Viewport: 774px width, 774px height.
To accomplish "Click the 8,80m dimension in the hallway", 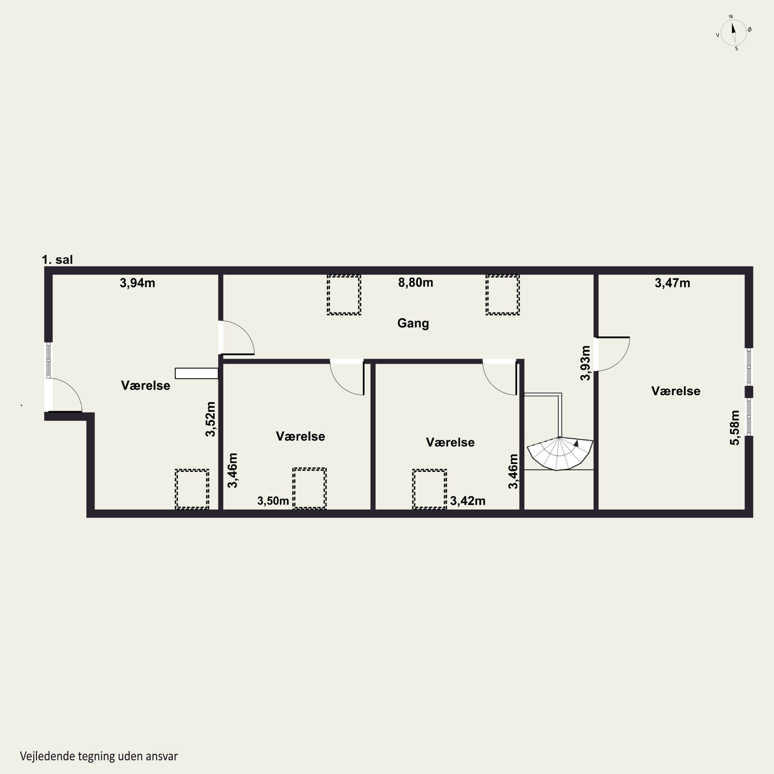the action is coord(415,283).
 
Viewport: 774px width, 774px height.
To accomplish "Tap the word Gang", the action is coord(413,323).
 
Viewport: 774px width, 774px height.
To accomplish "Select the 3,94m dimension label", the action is coord(138,283).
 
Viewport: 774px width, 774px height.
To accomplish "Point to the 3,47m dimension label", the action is coord(672,283).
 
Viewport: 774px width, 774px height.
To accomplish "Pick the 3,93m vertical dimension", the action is coord(585,363).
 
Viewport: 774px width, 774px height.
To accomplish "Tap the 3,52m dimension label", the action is coord(210,419).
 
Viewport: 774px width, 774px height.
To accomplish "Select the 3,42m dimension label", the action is coord(467,501).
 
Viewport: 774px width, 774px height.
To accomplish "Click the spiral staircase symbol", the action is coord(560,454).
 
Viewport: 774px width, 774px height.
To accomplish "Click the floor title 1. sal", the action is coord(57,260).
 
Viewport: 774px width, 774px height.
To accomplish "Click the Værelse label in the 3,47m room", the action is coord(676,391).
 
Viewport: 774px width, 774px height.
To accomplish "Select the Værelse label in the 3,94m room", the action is coord(146,385).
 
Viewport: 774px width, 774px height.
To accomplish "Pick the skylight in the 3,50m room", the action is coord(309,488).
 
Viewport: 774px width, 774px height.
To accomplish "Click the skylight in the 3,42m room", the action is coord(430,489).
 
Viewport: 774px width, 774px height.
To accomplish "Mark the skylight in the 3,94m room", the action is coord(192,489).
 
